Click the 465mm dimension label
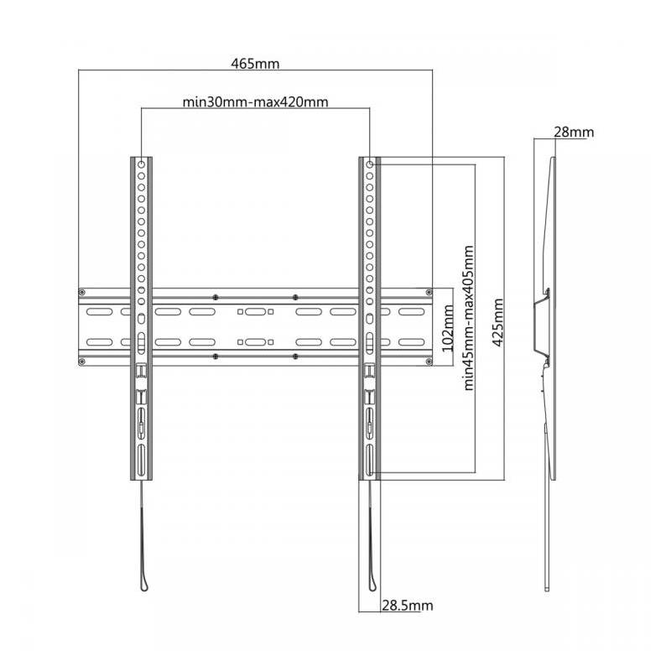coord(255,64)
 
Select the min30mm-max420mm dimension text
coord(256,101)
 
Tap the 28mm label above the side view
coord(574,132)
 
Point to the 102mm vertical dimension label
coord(448,328)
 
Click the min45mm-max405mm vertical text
coord(469,318)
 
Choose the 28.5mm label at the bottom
coord(408,606)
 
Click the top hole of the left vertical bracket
coord(141,164)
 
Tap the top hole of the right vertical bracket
coord(370,164)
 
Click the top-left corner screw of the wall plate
coord(82,292)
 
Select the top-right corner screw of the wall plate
coord(429,292)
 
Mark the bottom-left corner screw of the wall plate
coord(82,362)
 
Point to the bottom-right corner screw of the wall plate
coord(429,362)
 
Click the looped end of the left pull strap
coord(144,584)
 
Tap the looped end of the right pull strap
coord(373,584)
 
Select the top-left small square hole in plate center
coord(240,312)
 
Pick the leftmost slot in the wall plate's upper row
coord(99,312)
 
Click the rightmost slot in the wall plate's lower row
coord(412,342)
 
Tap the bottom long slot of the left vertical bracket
coord(141,459)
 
